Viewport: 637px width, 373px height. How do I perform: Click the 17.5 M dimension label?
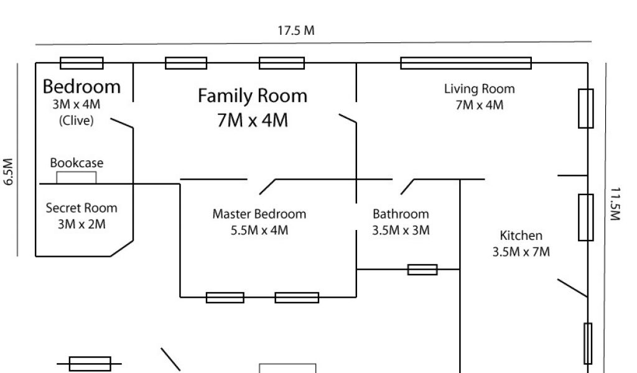pos(295,30)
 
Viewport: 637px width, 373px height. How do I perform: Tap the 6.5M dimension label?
pos(9,172)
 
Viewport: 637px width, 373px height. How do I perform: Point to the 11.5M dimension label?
pos(615,204)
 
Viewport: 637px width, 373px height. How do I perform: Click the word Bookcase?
pos(77,163)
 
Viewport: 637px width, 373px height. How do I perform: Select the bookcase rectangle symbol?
pos(77,178)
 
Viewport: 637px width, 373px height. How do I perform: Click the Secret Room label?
pos(81,208)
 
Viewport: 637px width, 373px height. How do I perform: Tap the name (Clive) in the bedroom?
pos(77,121)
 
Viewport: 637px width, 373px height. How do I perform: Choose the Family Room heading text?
pos(253,96)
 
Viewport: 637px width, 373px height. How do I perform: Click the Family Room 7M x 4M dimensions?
pos(253,120)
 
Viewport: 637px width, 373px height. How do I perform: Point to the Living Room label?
pos(480,89)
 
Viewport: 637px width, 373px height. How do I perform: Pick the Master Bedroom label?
pos(259,214)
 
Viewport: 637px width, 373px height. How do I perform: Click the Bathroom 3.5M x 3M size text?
pos(401,230)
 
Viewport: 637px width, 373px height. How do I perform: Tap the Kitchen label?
pos(521,236)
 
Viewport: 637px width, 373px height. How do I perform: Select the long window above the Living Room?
pos(466,63)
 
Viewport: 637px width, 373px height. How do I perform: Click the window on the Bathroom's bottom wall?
pos(422,270)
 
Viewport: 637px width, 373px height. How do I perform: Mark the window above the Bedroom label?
pos(81,63)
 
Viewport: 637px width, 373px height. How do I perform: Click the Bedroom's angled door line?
pos(122,123)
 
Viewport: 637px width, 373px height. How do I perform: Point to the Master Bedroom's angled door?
pos(267,186)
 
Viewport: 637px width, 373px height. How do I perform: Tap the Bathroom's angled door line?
pos(407,186)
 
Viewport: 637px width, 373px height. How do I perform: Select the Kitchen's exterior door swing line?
pos(572,288)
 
